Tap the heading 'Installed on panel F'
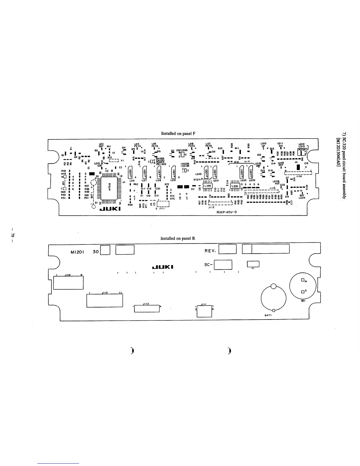point(178,134)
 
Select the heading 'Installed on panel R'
point(178,238)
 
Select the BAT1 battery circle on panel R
point(274,298)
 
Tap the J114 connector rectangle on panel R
point(68,283)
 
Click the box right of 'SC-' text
point(223,265)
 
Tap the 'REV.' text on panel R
point(210,251)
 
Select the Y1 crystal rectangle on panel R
point(253,264)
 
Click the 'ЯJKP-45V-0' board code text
point(226,212)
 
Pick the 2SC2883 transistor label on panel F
point(182,149)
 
